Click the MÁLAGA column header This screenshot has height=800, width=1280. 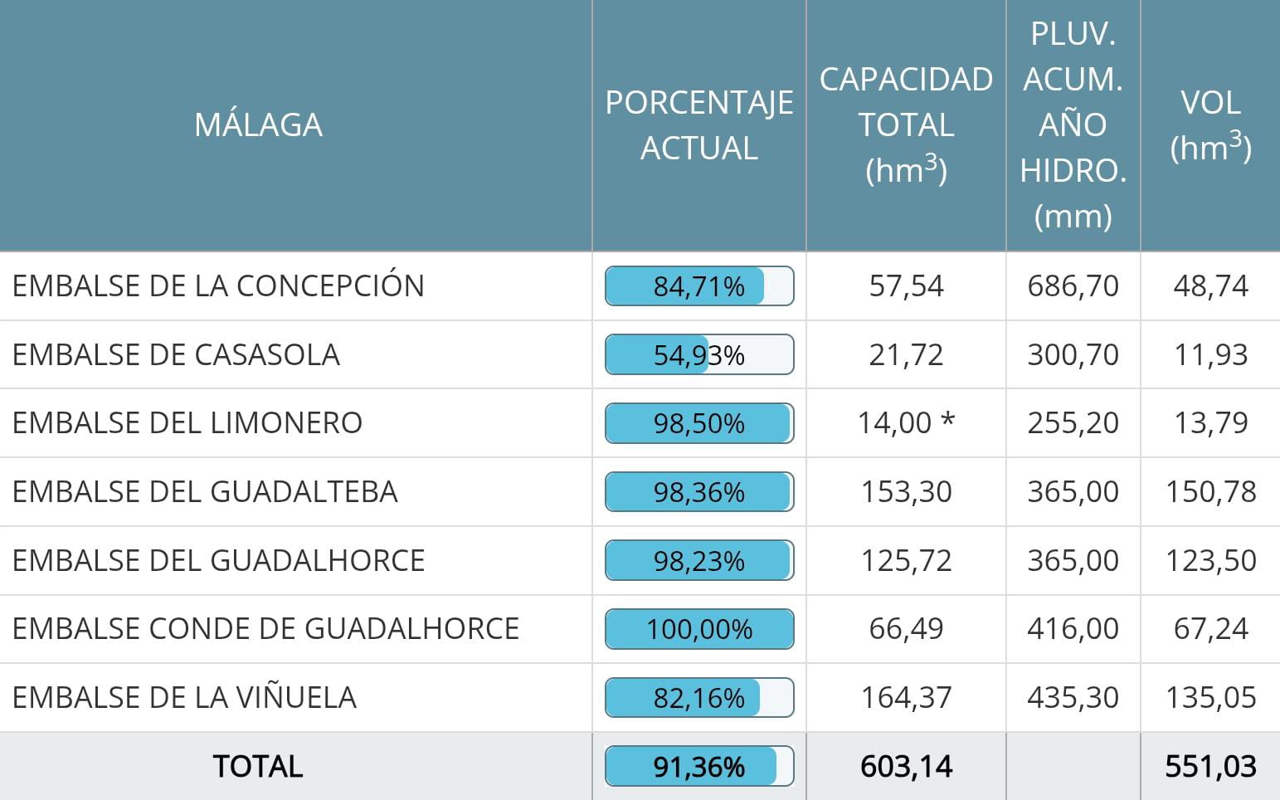(x=258, y=124)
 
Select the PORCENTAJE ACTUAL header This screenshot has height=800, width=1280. (x=698, y=124)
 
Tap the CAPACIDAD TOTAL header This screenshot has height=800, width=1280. (x=906, y=124)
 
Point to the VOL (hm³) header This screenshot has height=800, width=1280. (x=1210, y=124)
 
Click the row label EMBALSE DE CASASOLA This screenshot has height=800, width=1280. (x=176, y=354)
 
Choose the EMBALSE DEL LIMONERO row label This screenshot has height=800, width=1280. (x=187, y=422)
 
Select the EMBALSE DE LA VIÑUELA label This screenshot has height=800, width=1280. (x=184, y=697)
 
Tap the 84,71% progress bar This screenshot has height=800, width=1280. (x=698, y=286)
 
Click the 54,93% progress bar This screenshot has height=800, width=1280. (x=698, y=354)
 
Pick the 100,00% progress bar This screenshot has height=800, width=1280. (x=698, y=629)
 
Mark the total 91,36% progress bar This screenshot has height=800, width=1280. (x=698, y=766)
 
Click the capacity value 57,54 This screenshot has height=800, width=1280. (x=906, y=286)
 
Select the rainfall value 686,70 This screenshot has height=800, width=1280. (x=1073, y=286)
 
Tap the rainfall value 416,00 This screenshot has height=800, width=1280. (x=1073, y=629)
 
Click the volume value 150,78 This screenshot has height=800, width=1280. (x=1210, y=491)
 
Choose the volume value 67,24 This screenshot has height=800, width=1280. (x=1210, y=629)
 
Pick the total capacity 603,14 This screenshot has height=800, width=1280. (x=906, y=766)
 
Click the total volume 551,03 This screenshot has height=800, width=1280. (x=1210, y=766)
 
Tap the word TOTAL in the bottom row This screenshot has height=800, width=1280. (x=258, y=766)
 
